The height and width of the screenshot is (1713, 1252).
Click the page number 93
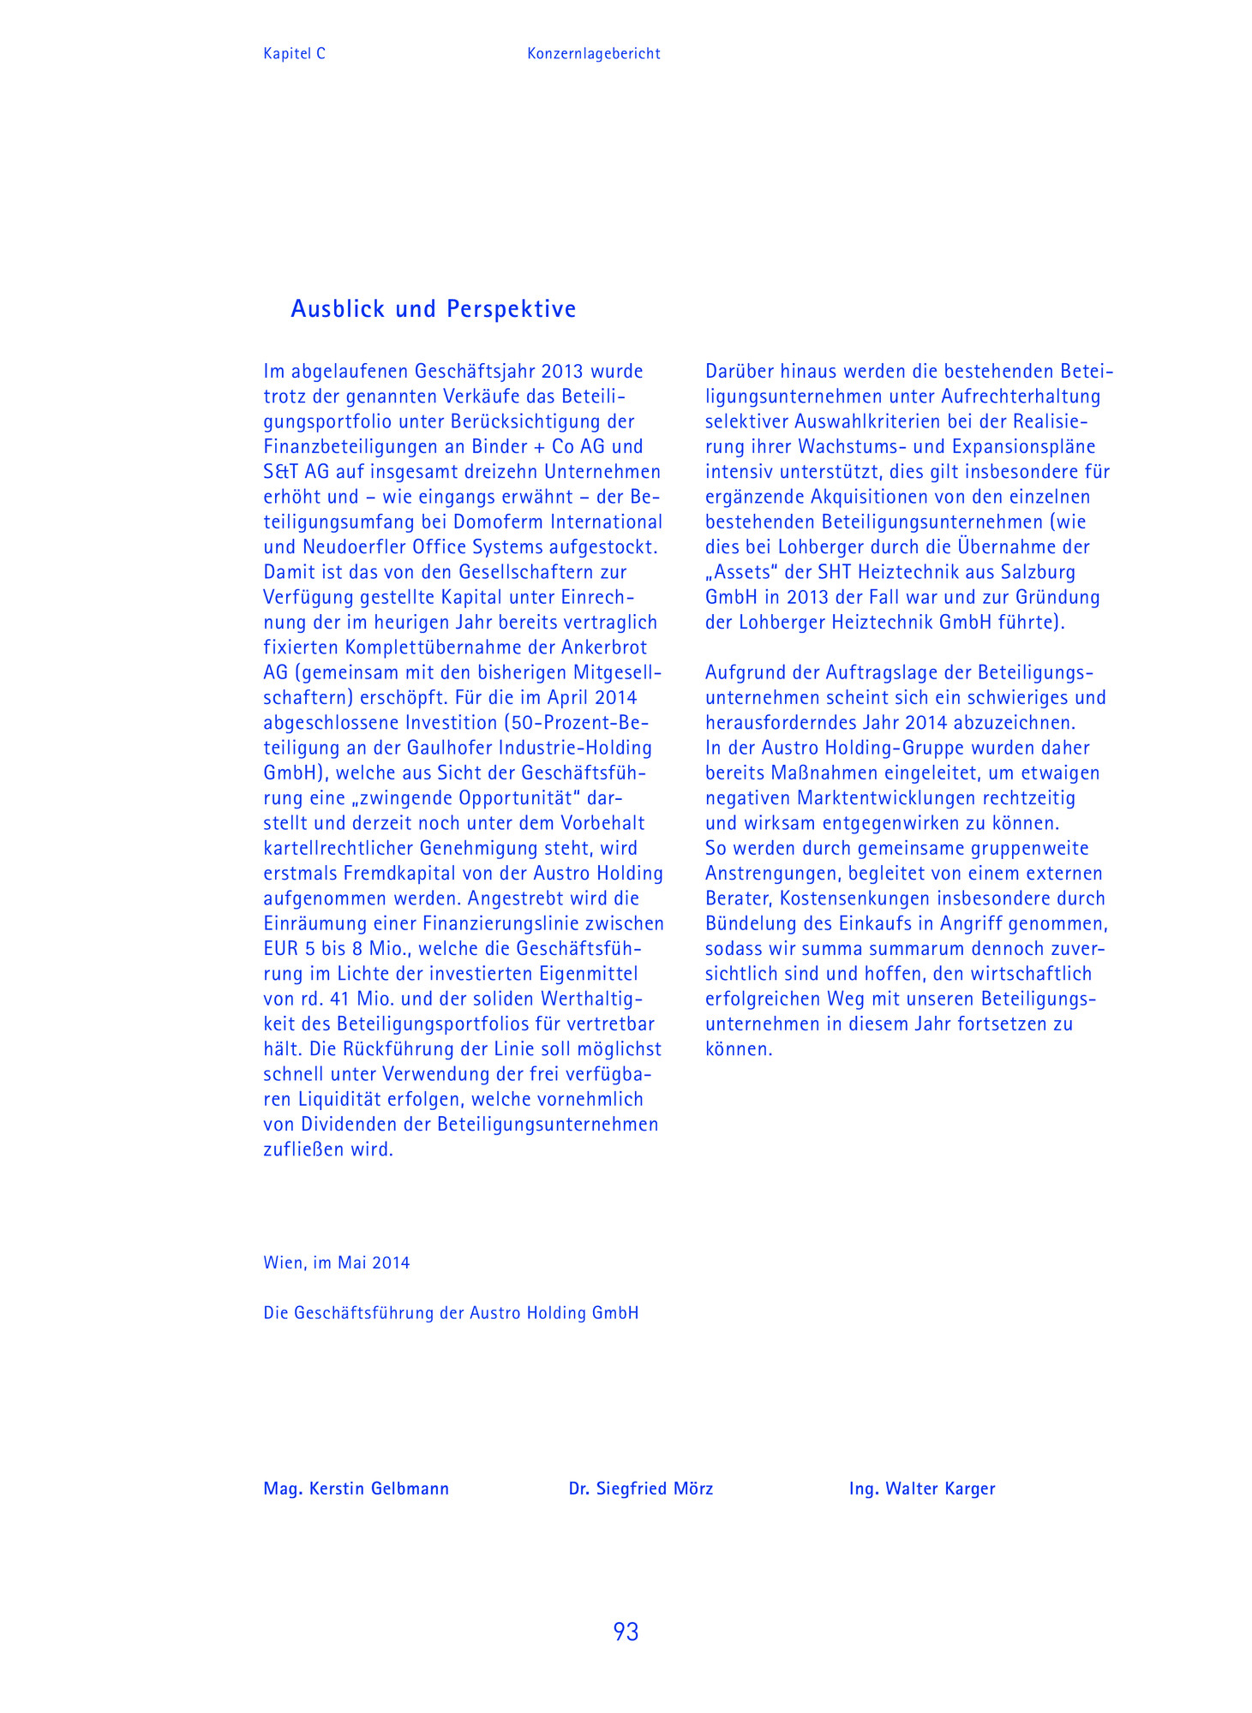626,1632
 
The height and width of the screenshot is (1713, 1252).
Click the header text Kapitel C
294,54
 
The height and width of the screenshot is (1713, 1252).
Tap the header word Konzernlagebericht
594,54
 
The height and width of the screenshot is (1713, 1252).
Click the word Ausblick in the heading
338,308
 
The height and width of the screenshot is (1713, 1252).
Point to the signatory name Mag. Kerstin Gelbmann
356,1489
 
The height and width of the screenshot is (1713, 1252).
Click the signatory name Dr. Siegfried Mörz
641,1489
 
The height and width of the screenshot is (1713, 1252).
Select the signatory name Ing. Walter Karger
922,1489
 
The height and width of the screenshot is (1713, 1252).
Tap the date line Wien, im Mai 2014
337,1262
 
